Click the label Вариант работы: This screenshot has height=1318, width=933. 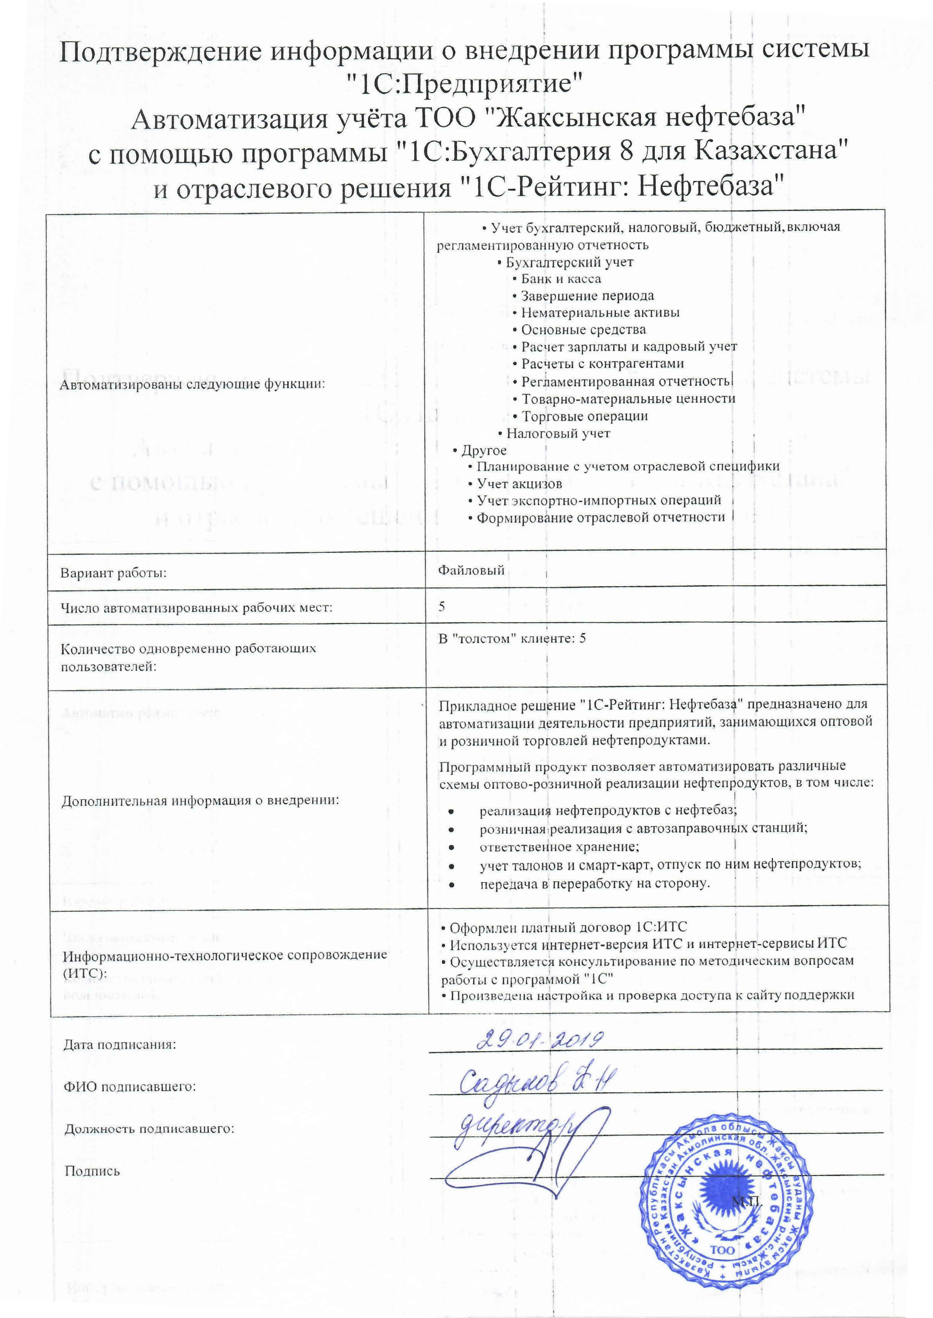114,573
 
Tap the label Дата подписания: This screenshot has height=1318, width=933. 120,1045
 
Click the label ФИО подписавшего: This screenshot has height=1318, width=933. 130,1087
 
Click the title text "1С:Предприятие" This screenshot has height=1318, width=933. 466,84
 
